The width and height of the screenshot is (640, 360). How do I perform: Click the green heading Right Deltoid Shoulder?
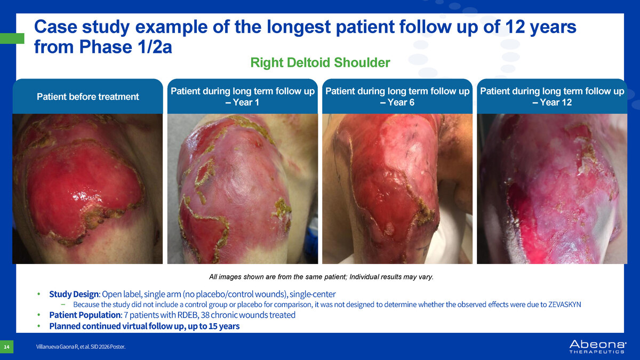[x=320, y=62]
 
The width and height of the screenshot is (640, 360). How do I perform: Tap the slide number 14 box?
[x=6, y=347]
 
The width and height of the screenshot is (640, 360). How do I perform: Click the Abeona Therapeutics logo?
[x=598, y=347]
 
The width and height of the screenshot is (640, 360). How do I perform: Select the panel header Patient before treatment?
[x=87, y=97]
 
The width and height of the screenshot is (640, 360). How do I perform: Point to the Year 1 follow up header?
[x=243, y=97]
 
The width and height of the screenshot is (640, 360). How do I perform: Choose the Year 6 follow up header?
[x=397, y=97]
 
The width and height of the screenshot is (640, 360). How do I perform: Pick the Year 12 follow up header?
[x=552, y=97]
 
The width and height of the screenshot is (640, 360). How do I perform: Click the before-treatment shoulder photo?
[x=87, y=189]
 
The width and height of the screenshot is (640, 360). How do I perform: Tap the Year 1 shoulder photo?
[x=243, y=189]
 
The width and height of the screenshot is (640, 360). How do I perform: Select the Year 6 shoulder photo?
[x=397, y=189]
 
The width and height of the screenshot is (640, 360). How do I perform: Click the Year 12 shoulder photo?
[x=552, y=189]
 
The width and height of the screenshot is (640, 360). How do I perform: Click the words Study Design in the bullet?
[x=74, y=294]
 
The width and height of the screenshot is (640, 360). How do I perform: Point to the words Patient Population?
[x=85, y=315]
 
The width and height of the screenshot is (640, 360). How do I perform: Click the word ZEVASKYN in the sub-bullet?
[x=565, y=305]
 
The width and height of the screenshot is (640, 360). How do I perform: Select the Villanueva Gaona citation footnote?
[x=81, y=347]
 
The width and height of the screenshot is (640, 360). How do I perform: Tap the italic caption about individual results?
[x=322, y=277]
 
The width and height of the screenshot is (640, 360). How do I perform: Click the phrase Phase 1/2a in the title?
[x=125, y=46]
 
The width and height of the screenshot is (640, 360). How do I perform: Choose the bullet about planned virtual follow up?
[x=145, y=326]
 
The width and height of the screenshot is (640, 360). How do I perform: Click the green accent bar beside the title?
[x=12, y=38]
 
